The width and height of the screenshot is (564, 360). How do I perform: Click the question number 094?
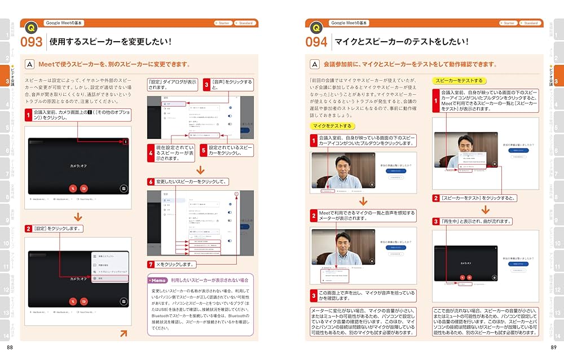coord(318,42)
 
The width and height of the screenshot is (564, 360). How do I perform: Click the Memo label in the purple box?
coord(158,280)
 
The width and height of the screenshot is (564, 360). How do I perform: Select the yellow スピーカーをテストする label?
coord(457,81)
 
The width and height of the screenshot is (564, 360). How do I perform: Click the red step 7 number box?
coord(151,264)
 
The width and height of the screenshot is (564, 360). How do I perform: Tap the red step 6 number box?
coord(151,182)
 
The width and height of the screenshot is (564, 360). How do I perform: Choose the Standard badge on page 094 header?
coord(528,23)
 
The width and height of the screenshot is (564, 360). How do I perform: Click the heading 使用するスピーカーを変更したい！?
coord(111,42)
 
